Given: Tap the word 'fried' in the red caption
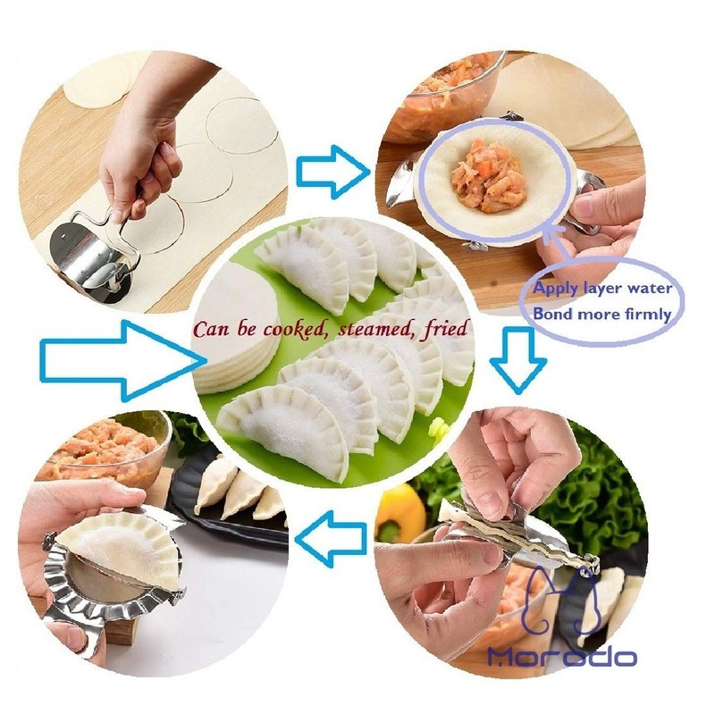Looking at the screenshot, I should pos(447,330).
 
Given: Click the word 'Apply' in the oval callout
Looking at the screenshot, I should pos(555,288).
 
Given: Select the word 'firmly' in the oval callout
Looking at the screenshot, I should pos(639,314).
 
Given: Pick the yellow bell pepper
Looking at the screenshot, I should pos(401,515).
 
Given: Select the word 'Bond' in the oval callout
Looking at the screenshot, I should pos(551,314).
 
